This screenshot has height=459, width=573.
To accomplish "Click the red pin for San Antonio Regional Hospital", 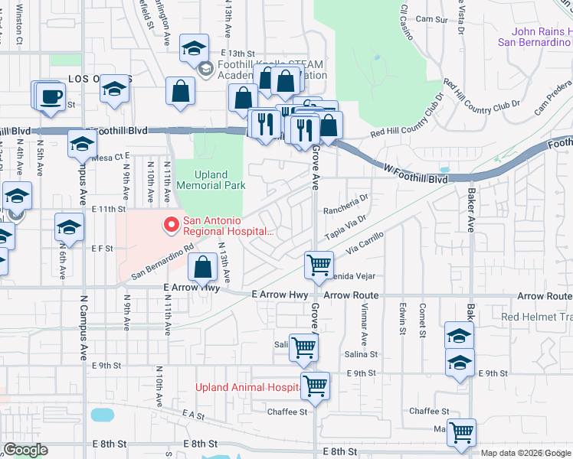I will point(170,226).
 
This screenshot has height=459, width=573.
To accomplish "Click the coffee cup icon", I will point(51,97).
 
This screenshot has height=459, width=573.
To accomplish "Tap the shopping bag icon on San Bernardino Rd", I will point(203,268).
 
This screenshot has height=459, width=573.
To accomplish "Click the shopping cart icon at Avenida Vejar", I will point(319,265).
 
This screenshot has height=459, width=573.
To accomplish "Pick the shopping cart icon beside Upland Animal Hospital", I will point(315,386).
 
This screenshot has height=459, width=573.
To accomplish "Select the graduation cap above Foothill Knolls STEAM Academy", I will point(195,48).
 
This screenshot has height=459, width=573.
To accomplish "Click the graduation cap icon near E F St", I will point(69,228).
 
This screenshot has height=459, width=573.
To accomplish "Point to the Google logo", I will point(25,450).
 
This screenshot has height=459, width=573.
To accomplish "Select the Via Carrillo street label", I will point(364,246).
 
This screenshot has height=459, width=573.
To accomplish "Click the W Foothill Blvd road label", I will point(416,178).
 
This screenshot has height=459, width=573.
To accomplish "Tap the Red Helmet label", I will point(536,317).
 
